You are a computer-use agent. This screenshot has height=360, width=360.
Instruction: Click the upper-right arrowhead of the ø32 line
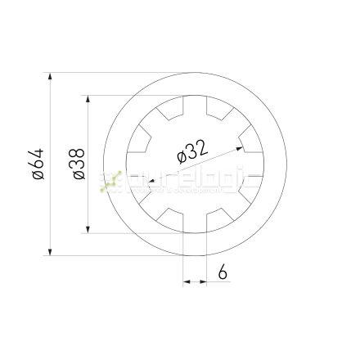click(238, 148)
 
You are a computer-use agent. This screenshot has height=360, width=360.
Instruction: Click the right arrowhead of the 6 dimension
click(201, 281)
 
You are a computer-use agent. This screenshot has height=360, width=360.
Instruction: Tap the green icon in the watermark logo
click(110, 182)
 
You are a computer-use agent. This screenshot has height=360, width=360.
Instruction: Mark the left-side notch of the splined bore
click(132, 164)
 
